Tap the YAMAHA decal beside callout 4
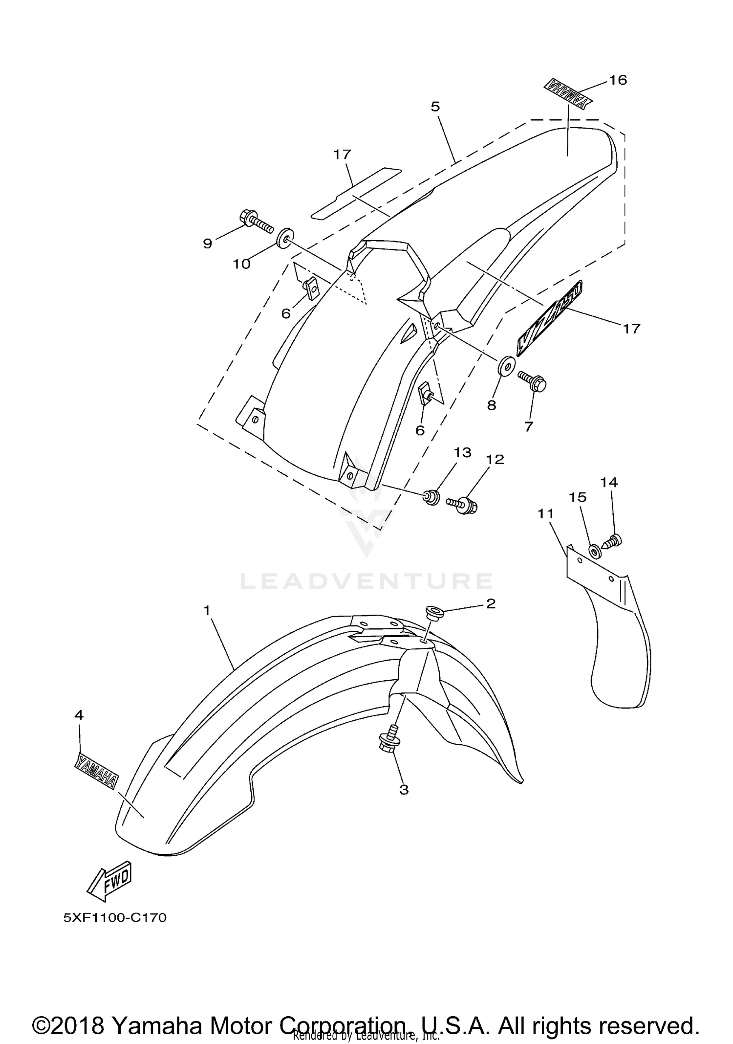tap(96, 772)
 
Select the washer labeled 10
tap(283, 238)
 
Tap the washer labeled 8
tap(506, 366)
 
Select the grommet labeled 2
tap(433, 612)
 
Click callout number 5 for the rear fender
tap(435, 107)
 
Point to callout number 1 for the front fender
tap(207, 610)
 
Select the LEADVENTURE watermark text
tap(366, 581)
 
